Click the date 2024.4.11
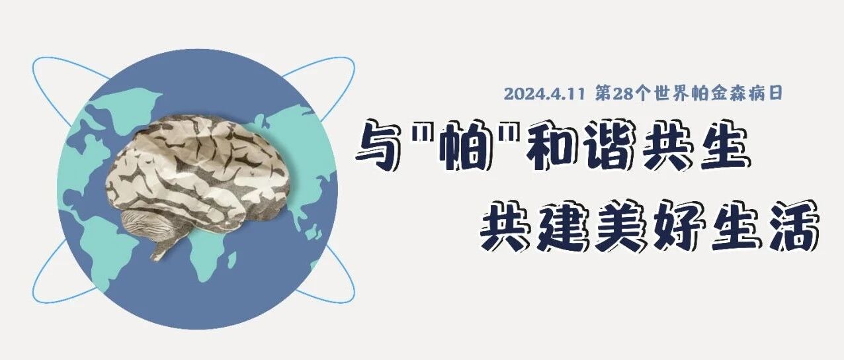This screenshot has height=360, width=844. coord(544,94)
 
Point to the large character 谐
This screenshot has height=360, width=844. coord(609,146)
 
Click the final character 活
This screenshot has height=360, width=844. coord(791,227)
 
